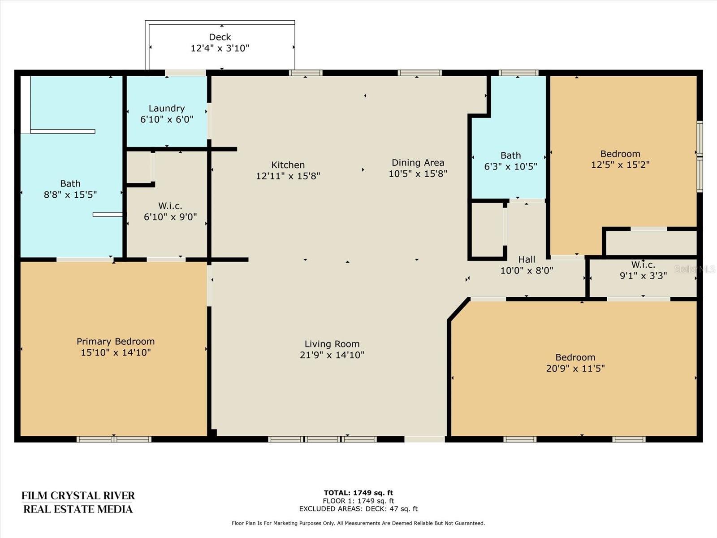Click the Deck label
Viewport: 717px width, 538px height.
tap(220, 37)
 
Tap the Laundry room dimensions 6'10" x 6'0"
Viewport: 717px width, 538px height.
tap(167, 119)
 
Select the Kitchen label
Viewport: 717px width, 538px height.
tap(288, 165)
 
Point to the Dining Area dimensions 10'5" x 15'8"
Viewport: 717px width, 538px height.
tap(418, 174)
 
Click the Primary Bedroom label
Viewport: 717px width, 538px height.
tap(116, 342)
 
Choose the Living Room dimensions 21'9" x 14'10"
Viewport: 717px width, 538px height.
tap(332, 355)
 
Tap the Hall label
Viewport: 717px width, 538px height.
tap(527, 260)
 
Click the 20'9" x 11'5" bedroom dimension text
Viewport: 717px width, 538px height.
tap(575, 369)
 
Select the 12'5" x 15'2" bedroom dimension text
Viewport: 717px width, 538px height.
tap(620, 165)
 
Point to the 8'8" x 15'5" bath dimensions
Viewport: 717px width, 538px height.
tap(70, 195)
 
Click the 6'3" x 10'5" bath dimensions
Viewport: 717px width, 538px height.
tap(510, 167)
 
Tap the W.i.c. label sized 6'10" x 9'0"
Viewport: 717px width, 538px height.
tap(170, 206)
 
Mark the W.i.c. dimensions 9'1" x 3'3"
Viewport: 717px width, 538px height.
tap(643, 276)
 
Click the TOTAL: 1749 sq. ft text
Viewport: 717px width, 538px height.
tap(358, 493)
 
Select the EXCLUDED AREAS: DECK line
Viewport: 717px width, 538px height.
tap(358, 508)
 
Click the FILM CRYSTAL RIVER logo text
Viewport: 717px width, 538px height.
tap(78, 495)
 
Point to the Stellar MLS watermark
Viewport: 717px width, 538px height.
tap(695, 269)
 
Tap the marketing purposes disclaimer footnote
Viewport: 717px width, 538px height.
tap(358, 523)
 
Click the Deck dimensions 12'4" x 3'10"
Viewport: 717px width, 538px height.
tap(220, 48)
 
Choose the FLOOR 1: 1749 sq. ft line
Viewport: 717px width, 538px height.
tap(358, 501)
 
